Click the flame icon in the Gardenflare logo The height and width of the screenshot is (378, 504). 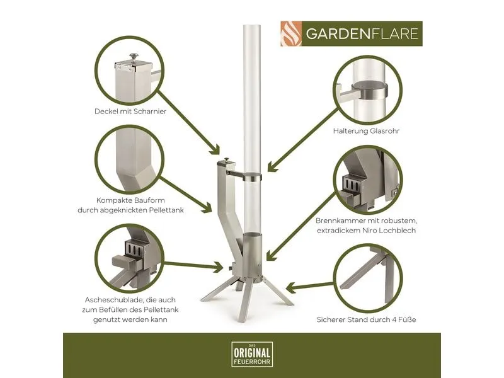pyautogui.click(x=291, y=34)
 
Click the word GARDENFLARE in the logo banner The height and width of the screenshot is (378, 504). pyautogui.click(x=362, y=34)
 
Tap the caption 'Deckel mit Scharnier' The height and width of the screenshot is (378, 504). pyautogui.click(x=130, y=112)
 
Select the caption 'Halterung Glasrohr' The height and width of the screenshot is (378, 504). pyautogui.click(x=366, y=131)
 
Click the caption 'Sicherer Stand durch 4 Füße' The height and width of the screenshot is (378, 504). pyautogui.click(x=366, y=320)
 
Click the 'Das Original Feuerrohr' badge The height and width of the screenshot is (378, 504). pyautogui.click(x=252, y=354)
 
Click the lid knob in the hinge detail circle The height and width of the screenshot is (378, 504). pyautogui.click(x=134, y=57)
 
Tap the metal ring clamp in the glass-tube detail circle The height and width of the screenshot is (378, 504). pyautogui.click(x=370, y=90)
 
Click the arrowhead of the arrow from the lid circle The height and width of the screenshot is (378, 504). pyautogui.click(x=215, y=150)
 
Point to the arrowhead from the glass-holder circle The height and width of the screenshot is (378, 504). pyautogui.click(x=272, y=166)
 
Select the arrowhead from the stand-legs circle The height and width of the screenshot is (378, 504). pyautogui.click(x=291, y=287)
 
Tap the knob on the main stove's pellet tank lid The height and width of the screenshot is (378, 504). pyautogui.click(x=227, y=160)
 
